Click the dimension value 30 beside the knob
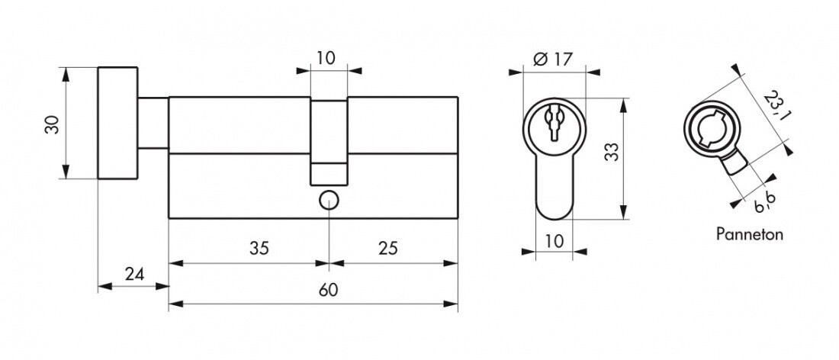click(x=53, y=124)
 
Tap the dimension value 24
click(x=134, y=275)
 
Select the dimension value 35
click(x=259, y=248)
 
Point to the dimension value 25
click(x=388, y=248)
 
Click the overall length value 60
click(x=328, y=291)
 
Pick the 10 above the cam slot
click(x=326, y=57)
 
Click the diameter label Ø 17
click(x=553, y=59)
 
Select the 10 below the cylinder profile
click(x=555, y=241)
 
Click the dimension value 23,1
click(x=773, y=105)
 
